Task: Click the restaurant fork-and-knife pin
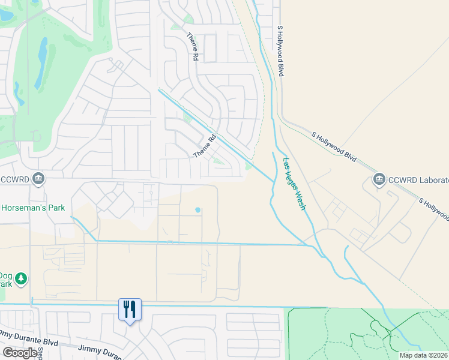[130, 310]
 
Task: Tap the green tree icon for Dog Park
[21, 278]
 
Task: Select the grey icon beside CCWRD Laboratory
[379, 179]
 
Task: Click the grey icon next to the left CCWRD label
[38, 178]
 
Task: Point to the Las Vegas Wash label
[294, 184]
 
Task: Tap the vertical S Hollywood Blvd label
[280, 50]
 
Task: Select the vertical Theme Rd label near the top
[193, 47]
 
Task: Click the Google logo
[20, 353]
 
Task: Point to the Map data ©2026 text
[423, 355]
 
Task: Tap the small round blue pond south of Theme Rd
[197, 210]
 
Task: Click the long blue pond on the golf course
[41, 64]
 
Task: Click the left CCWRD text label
[16, 179]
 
